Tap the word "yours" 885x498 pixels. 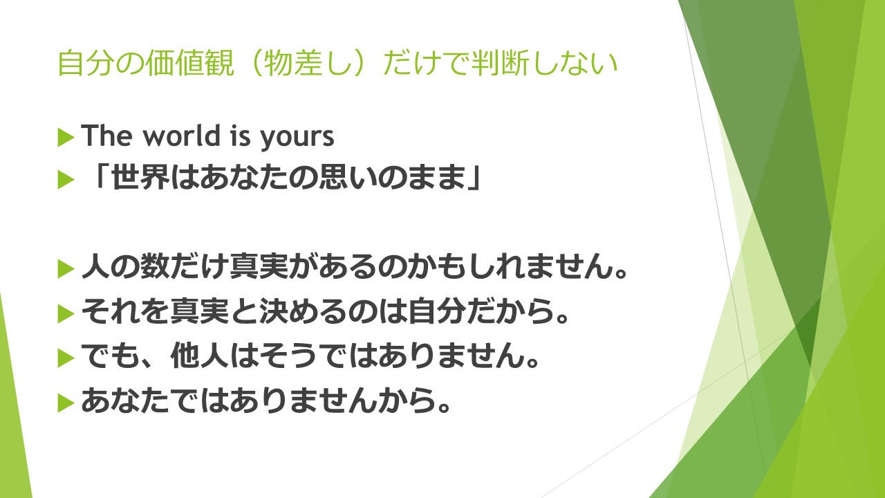click(297, 138)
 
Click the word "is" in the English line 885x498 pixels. click(240, 135)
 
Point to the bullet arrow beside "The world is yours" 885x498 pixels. click(66, 138)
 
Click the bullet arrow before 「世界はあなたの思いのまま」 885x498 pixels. click(66, 180)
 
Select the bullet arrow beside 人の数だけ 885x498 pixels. click(66, 269)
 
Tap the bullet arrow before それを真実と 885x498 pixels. click(66, 314)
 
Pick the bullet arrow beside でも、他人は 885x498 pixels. click(66, 358)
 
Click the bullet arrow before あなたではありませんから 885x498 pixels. click(66, 403)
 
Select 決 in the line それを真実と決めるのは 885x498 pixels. click(274, 311)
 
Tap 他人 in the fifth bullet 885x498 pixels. click(200, 356)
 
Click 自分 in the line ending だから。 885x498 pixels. click(436, 311)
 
